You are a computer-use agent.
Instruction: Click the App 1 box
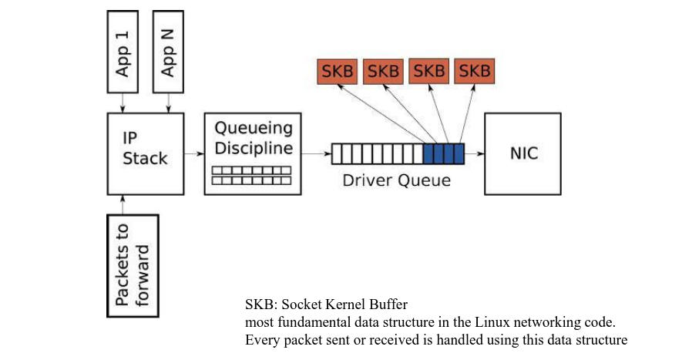123,52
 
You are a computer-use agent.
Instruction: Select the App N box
168,52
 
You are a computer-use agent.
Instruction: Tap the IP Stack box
146,153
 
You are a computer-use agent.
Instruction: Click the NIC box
522,153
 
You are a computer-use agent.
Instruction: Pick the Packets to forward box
133,265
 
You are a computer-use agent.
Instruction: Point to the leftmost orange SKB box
337,72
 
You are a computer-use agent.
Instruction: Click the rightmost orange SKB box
475,72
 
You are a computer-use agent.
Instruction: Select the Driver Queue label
396,180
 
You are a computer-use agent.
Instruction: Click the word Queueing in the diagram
254,128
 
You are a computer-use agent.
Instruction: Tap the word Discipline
254,148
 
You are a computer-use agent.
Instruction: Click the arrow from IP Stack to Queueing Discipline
194,153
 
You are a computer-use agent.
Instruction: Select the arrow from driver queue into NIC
475,153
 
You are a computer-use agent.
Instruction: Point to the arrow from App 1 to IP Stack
123,103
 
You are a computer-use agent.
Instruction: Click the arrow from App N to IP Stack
168,103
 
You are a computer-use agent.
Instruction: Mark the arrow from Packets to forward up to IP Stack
123,204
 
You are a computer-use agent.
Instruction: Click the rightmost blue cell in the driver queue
459,153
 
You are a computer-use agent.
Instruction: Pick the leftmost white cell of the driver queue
337,153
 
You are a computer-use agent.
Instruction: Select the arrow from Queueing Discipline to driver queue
316,153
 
